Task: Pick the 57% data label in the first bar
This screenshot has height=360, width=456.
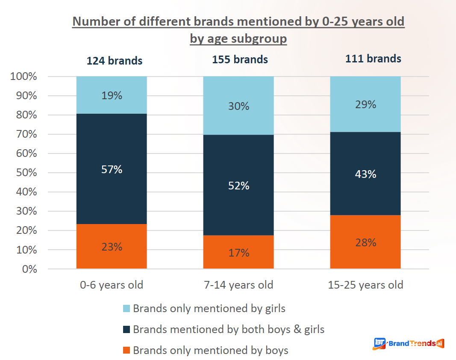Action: pyautogui.click(x=112, y=170)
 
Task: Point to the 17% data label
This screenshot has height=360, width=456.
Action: pyautogui.click(x=238, y=253)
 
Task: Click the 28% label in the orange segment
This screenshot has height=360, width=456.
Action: pyautogui.click(x=365, y=243)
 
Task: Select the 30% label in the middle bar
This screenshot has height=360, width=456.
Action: pyautogui.click(x=238, y=106)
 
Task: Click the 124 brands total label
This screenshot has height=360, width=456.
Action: pyautogui.click(x=115, y=61)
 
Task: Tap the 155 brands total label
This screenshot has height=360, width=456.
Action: pyautogui.click(x=240, y=59)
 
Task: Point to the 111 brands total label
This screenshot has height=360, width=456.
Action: pyautogui.click(x=373, y=59)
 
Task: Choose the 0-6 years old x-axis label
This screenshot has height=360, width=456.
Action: pyautogui.click(x=112, y=285)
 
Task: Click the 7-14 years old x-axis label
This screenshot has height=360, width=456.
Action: pyautogui.click(x=238, y=285)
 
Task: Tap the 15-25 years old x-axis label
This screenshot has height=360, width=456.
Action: pyautogui.click(x=365, y=285)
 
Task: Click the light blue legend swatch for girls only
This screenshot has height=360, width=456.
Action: pyautogui.click(x=126, y=308)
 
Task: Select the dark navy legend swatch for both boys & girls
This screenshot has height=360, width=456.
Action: pyautogui.click(x=126, y=329)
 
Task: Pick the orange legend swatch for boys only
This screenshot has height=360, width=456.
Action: pyautogui.click(x=126, y=350)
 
